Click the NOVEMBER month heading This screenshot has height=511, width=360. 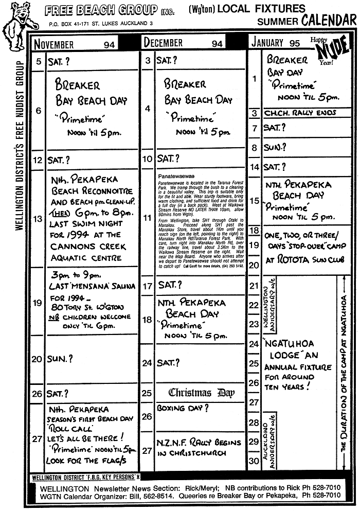click(55, 44)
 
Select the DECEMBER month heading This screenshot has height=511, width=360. click(164, 43)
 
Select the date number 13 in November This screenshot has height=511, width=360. click(37, 219)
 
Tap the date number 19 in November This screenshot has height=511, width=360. click(37, 303)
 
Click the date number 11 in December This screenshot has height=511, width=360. click(147, 219)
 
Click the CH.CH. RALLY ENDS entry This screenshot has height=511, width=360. click(300, 113)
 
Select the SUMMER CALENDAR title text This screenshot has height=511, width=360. click(307, 21)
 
